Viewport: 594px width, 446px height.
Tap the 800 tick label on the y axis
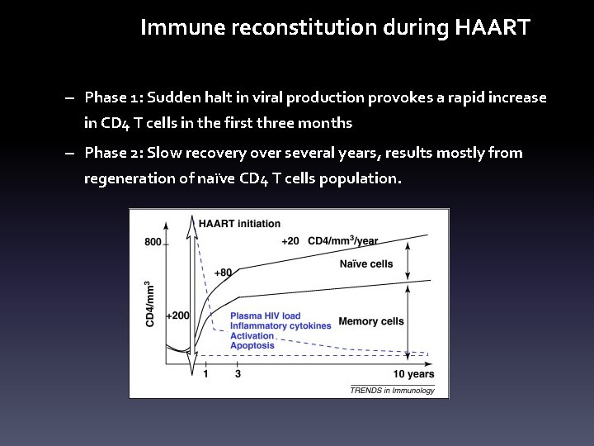153,242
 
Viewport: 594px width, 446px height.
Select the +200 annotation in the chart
177,315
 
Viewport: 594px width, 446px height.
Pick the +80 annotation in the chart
223,273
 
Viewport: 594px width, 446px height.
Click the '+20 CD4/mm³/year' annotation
329,241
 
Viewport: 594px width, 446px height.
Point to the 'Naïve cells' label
365,264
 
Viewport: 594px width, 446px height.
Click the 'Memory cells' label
371,320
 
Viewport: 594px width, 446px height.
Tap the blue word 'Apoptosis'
252,345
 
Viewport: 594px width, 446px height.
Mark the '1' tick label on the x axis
205,374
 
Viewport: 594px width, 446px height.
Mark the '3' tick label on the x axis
238,374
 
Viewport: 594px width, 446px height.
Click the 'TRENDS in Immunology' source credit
392,390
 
